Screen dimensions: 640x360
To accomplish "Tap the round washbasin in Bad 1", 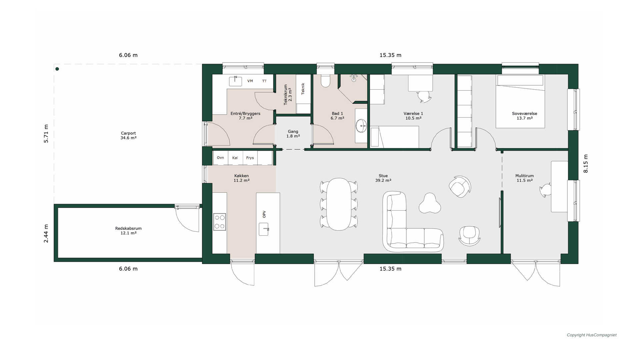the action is (361, 126).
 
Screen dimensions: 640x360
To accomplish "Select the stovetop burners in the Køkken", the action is (220, 222).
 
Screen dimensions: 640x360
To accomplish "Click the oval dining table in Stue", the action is (339, 204).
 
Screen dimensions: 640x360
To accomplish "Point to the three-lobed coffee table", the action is (430, 203).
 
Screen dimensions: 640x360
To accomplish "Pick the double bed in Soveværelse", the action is (520, 101).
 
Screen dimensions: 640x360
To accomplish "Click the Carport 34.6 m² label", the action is (128, 135).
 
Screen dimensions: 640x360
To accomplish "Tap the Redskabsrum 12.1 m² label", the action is (128, 231).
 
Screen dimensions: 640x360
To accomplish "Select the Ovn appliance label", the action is (220, 158).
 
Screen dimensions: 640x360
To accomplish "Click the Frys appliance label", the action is (250, 158).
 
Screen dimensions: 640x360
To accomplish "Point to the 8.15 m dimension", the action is (586, 164).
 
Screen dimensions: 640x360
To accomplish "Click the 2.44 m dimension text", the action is (46, 233).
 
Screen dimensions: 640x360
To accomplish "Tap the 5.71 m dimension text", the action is (46, 134).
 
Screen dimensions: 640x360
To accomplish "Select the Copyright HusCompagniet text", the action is (592, 335).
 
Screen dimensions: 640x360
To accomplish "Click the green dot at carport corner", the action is (57, 69).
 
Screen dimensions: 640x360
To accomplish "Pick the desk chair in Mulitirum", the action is (545, 190).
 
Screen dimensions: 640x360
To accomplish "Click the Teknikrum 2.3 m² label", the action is (288, 95).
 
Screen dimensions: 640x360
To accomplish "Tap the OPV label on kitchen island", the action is (264, 214).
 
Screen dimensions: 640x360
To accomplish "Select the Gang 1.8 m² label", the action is (293, 134).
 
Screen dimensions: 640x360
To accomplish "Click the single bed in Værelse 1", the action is (395, 137).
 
